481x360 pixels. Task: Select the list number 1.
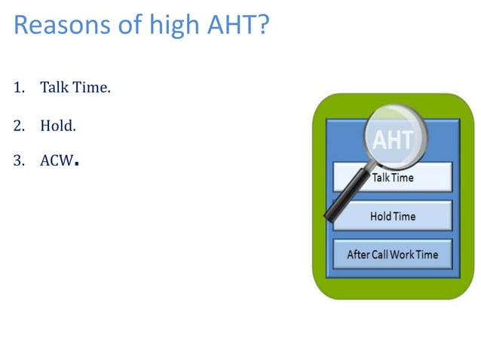click(17, 88)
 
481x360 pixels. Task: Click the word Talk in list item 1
click(55, 88)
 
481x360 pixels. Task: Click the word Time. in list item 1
click(92, 88)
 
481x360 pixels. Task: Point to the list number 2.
click(17, 126)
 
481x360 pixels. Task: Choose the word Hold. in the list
click(58, 126)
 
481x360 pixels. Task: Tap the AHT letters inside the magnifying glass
click(393, 140)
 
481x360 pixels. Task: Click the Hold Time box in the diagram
click(392, 216)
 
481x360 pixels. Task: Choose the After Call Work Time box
click(392, 255)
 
